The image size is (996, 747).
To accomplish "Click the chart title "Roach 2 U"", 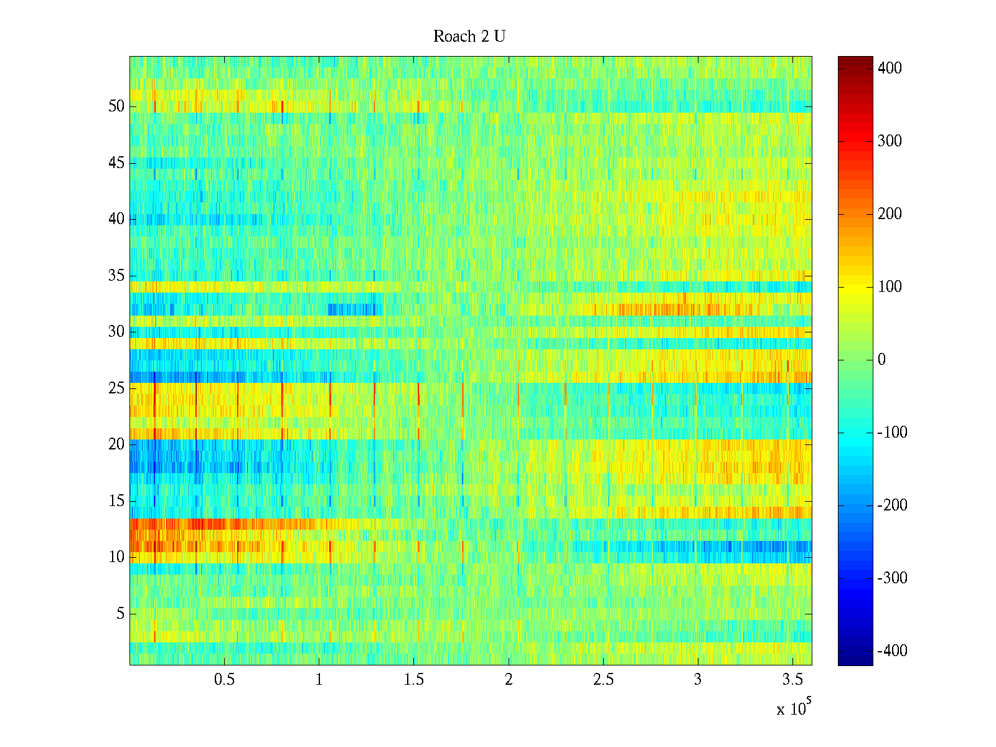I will click(x=469, y=37).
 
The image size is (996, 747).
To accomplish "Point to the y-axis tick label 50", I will click(x=116, y=106).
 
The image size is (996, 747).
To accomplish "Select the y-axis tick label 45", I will click(x=116, y=163).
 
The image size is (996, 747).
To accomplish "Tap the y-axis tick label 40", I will click(x=116, y=219).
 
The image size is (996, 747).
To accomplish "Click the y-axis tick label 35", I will click(x=116, y=276).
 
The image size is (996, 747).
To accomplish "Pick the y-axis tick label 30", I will click(x=116, y=332).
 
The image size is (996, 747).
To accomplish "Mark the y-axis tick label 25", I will click(x=116, y=388).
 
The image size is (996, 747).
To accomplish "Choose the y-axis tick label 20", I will click(x=116, y=444).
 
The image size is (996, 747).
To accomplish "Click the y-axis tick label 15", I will click(x=116, y=501).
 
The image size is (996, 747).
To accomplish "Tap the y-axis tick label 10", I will click(x=116, y=557).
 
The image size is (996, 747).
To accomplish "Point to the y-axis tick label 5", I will click(x=120, y=614).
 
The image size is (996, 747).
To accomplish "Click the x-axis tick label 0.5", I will click(x=224, y=680).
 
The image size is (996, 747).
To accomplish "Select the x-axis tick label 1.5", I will click(x=414, y=680).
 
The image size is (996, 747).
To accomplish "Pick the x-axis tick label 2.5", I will click(x=603, y=680).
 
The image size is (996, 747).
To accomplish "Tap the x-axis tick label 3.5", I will click(x=792, y=680).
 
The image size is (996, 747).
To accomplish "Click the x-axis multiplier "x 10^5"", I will click(x=793, y=708).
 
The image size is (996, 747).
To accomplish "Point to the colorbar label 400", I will click(x=890, y=68).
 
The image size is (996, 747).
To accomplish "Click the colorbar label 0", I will click(x=881, y=360).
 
